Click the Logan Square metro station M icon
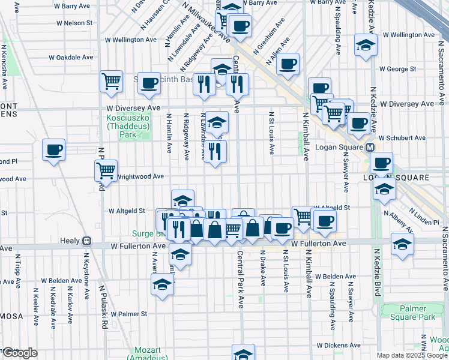click(x=370, y=147)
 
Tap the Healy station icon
click(x=86, y=241)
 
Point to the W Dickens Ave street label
click(x=339, y=346)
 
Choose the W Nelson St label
click(x=74, y=23)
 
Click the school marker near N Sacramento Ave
click(x=402, y=244)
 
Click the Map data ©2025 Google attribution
click(x=411, y=355)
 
